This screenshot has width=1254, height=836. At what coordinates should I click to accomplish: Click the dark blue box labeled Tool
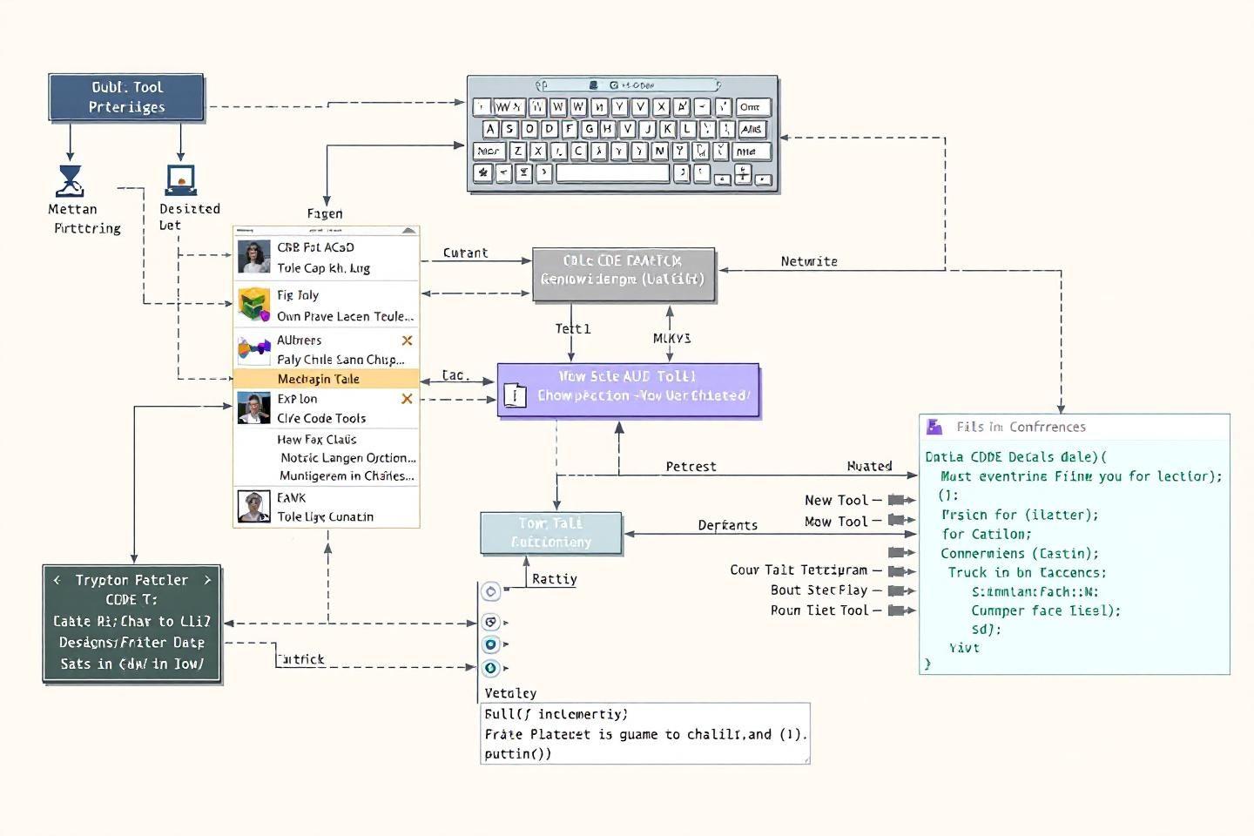tap(126, 97)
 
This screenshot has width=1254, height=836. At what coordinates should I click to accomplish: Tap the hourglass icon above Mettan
tap(70, 180)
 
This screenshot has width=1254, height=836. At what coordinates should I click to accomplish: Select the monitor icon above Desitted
tap(181, 180)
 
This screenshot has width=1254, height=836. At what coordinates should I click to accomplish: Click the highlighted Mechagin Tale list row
tap(326, 379)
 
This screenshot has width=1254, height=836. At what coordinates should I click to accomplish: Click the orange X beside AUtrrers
tap(407, 340)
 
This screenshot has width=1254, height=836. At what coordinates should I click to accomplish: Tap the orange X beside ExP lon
tap(407, 399)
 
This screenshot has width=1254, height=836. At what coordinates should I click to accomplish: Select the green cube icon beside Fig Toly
tap(253, 305)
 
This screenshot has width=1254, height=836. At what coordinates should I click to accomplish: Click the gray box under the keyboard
tap(624, 274)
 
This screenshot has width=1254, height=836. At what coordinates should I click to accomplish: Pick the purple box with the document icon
tap(628, 389)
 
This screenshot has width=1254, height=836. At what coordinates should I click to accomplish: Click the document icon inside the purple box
tap(516, 395)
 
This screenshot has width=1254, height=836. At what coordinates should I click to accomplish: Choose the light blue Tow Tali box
tap(551, 533)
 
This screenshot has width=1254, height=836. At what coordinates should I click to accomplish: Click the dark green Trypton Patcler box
tap(132, 624)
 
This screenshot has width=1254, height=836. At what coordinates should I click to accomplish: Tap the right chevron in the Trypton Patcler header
tap(207, 580)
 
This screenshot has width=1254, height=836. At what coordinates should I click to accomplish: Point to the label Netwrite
tap(809, 261)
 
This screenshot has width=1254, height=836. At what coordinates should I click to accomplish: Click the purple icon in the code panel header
tap(934, 427)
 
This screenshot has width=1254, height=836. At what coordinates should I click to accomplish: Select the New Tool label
tap(836, 500)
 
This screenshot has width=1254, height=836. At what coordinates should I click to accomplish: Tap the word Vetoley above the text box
tap(510, 693)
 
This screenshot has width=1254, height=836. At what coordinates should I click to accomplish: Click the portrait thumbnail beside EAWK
tap(253, 506)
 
